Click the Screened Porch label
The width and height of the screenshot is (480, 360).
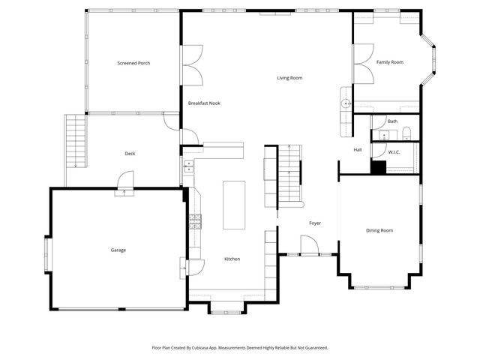tap(133, 63)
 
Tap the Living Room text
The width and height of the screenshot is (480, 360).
tap(289, 78)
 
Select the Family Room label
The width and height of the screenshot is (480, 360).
tap(389, 62)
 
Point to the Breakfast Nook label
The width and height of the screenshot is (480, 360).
tap(204, 103)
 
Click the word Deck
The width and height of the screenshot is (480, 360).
tap(130, 154)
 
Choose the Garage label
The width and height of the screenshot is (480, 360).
tap(118, 250)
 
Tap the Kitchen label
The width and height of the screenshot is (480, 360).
tap(232, 259)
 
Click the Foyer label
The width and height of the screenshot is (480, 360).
tap(315, 223)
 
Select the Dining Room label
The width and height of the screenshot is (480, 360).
tap(379, 230)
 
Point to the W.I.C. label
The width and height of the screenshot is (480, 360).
tap(394, 152)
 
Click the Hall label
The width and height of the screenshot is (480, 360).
tap(358, 150)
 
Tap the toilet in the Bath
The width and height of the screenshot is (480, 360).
tap(406, 134)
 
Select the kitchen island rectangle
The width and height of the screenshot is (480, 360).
tap(234, 205)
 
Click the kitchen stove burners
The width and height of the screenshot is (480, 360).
tap(195, 220)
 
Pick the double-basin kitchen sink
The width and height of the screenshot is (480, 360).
tap(187, 166)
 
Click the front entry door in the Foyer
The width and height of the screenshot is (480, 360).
tap(308, 245)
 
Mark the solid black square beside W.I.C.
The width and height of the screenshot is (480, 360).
tap(379, 168)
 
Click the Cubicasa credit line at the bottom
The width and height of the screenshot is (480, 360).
tap(240, 348)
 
